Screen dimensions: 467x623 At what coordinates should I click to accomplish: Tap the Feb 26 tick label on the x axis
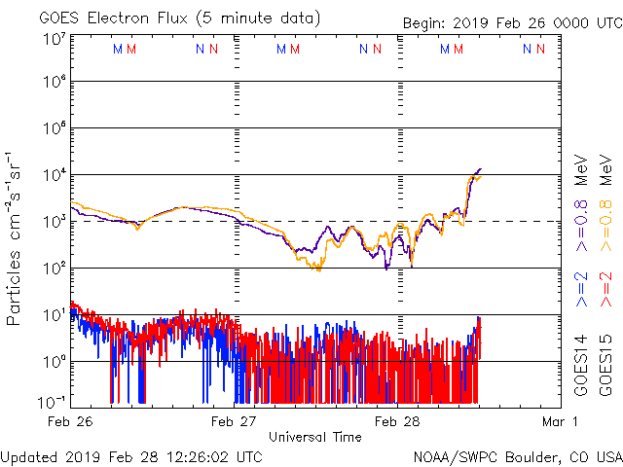(x=72, y=421)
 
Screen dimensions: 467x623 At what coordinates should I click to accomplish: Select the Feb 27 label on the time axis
(x=235, y=421)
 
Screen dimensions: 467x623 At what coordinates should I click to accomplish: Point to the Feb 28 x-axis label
(x=397, y=421)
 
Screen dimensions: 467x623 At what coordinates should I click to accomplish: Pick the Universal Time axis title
(x=315, y=437)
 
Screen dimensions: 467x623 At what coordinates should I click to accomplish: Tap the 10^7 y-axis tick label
(x=54, y=39)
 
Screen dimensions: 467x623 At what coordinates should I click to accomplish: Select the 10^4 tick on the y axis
(x=54, y=174)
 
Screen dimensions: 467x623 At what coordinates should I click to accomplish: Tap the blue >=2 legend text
(x=580, y=289)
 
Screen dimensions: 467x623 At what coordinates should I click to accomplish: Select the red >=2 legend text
(x=605, y=289)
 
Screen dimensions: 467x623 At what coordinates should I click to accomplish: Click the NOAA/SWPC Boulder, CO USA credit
(x=517, y=456)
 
